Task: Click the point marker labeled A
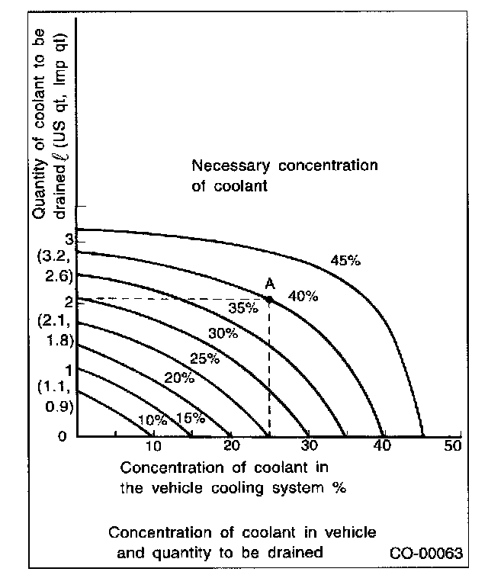coord(269,300)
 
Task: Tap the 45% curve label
coord(345,261)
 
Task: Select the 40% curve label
coord(303,297)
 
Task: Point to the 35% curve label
coord(243,308)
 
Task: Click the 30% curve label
coord(223,333)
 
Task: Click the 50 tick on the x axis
coord(452,447)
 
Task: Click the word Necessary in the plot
coord(225,165)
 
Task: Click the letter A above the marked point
coord(269,284)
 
